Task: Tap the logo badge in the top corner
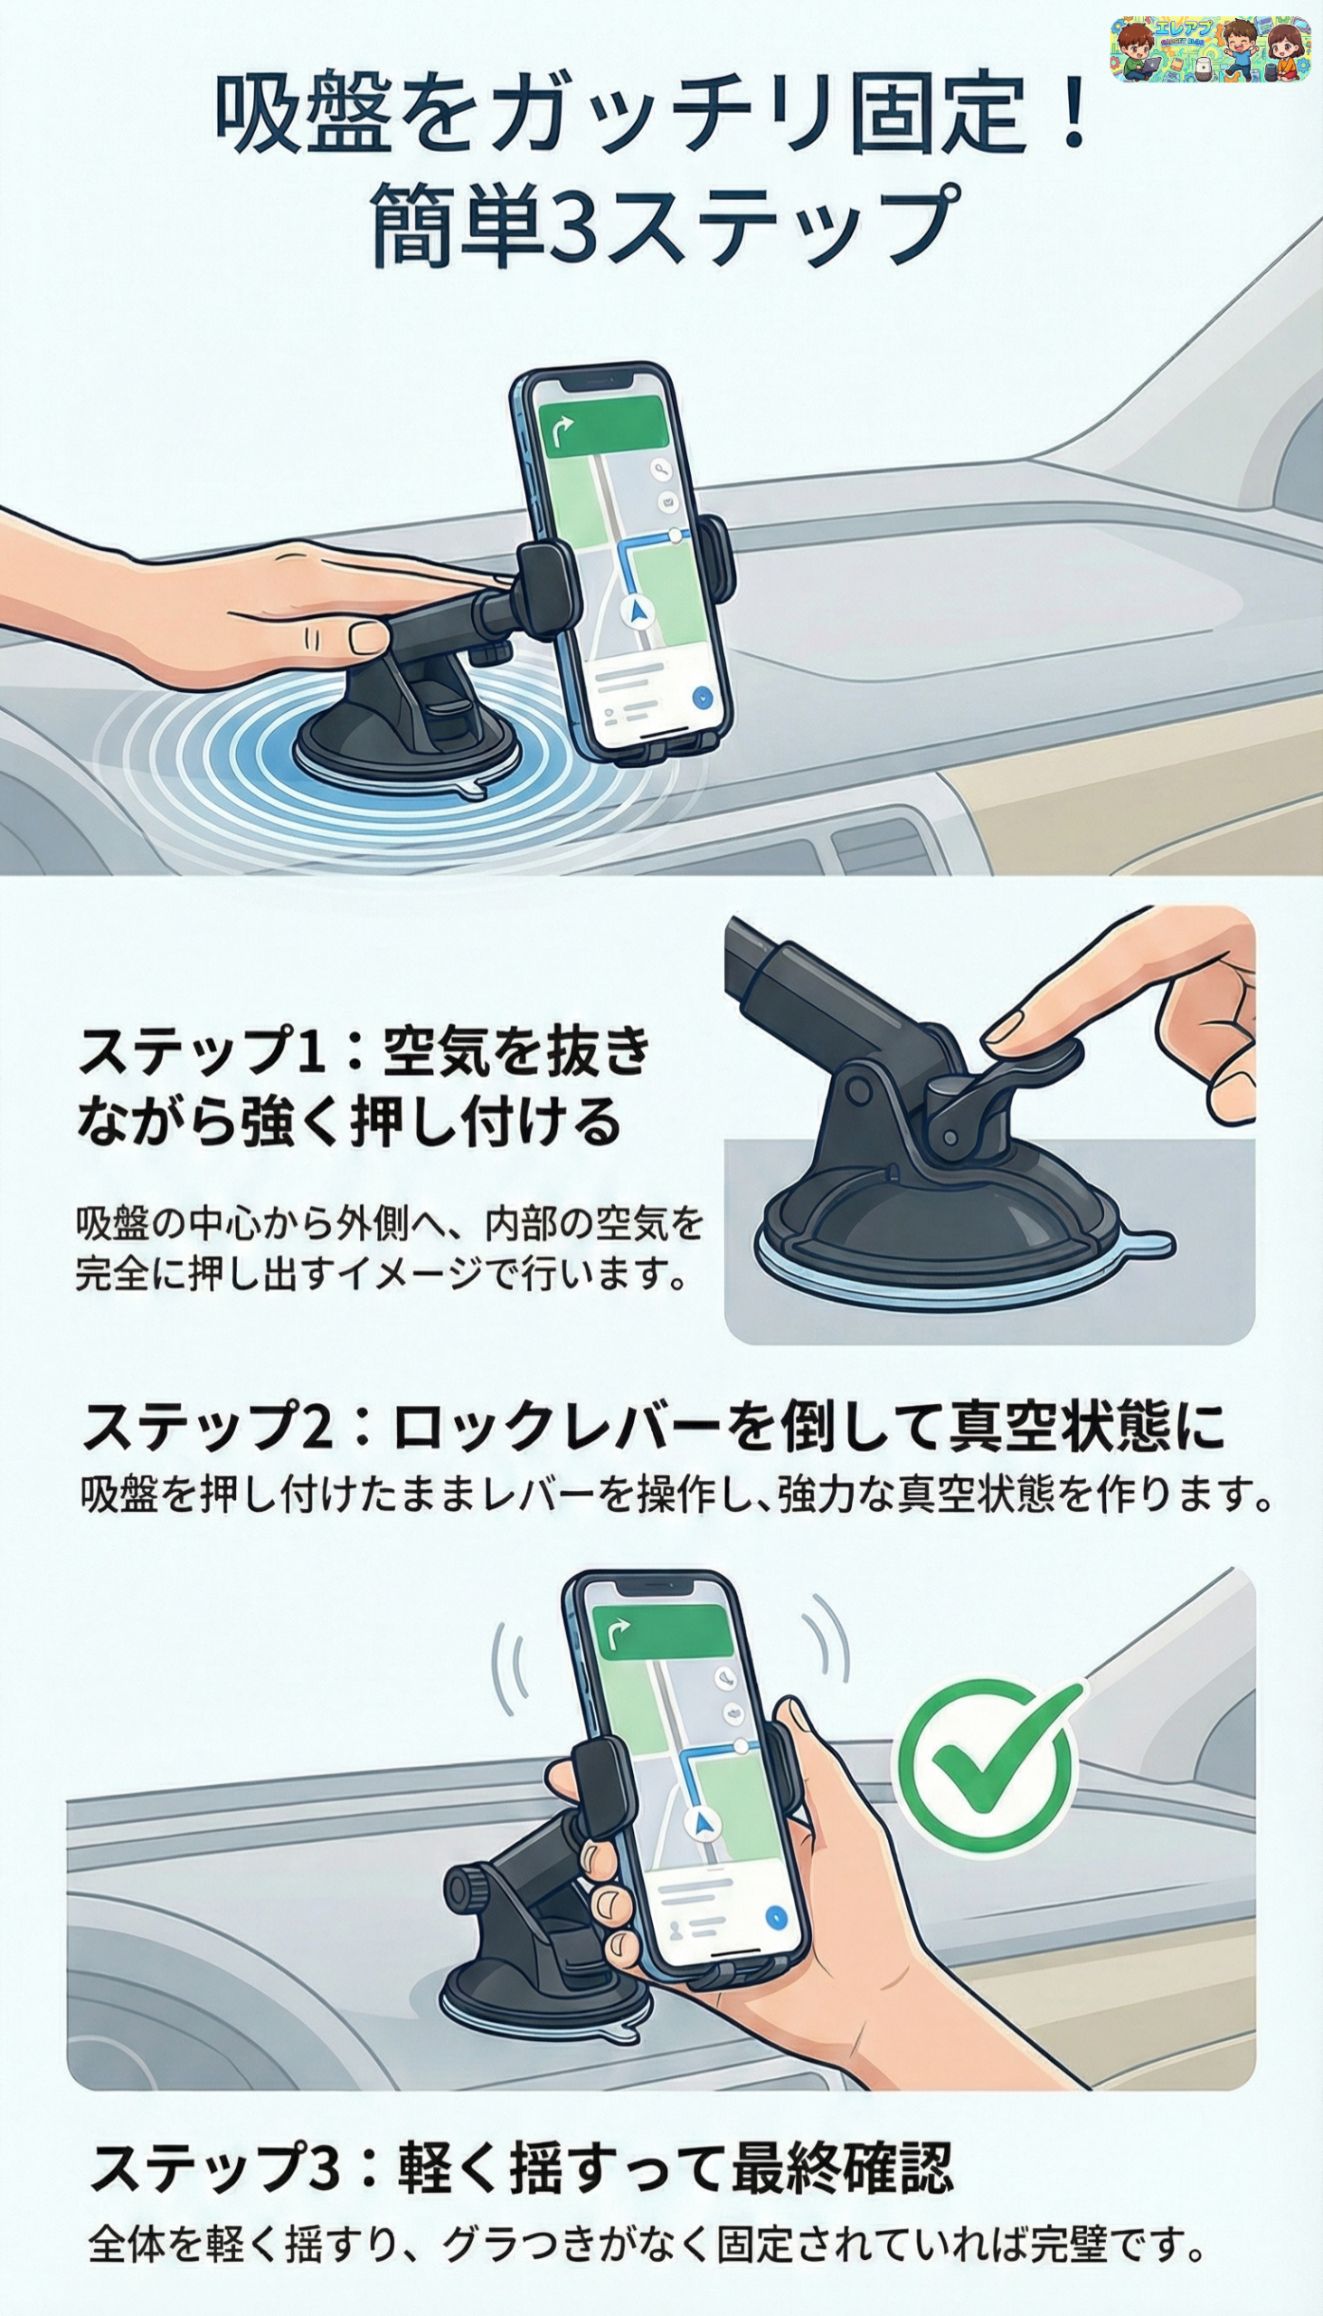(x=1209, y=49)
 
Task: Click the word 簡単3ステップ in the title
(x=666, y=223)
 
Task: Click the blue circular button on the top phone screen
(x=702, y=698)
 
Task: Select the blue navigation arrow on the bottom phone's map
(x=703, y=1818)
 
